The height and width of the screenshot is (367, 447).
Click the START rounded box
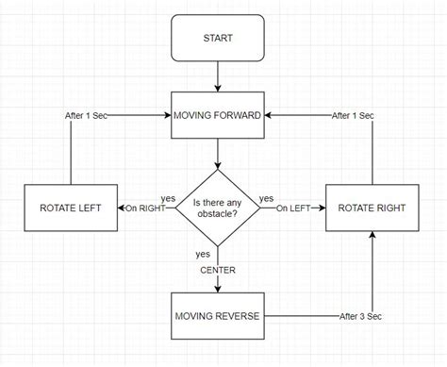click(217, 39)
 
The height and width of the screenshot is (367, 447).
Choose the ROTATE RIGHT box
click(373, 208)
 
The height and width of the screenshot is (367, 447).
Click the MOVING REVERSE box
click(217, 315)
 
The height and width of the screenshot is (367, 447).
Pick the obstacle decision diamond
click(217, 209)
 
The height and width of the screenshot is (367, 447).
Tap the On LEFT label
click(294, 209)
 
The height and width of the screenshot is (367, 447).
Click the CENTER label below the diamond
click(217, 270)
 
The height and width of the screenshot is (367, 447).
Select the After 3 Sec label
click(360, 315)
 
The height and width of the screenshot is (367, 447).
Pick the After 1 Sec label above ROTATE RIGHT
click(353, 115)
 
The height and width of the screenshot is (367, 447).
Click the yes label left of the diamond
click(168, 199)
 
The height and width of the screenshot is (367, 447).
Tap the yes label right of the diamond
click(266, 199)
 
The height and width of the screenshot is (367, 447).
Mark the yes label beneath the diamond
click(203, 254)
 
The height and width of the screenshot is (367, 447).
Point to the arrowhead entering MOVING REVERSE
click(217, 288)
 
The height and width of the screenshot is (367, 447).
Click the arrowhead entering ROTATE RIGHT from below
click(373, 236)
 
